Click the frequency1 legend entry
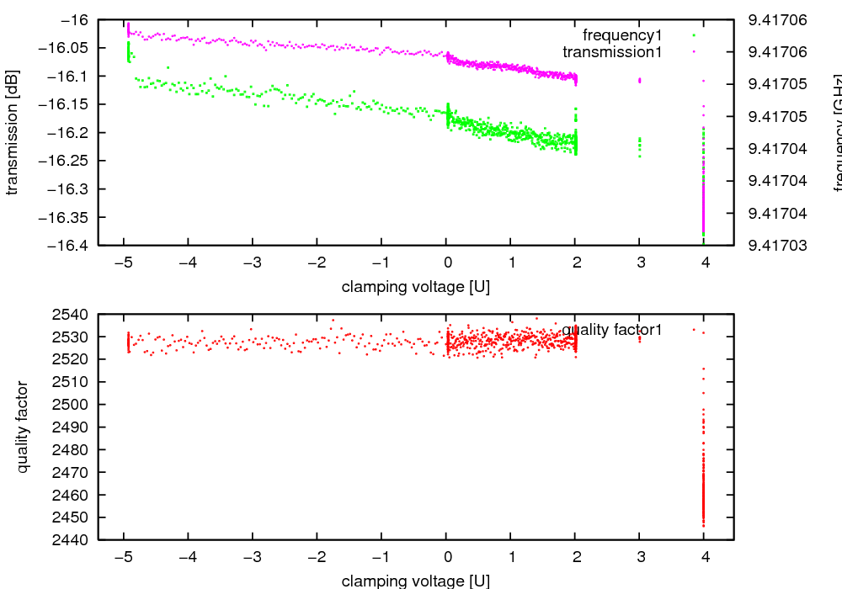pyautogui.click(x=622, y=35)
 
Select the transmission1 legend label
pyautogui.click(x=612, y=52)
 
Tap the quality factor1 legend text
pyautogui.click(x=612, y=330)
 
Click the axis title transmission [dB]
pyautogui.click(x=12, y=132)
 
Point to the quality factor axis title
pyautogui.click(x=23, y=427)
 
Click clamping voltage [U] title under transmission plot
pyautogui.click(x=416, y=287)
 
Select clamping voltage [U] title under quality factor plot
pyautogui.click(x=416, y=581)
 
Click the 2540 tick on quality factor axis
pyautogui.click(x=71, y=315)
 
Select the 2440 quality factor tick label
pyautogui.click(x=71, y=540)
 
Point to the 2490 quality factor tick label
pyautogui.click(x=71, y=427)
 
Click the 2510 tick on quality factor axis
pyautogui.click(x=71, y=382)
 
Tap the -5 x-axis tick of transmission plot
pyautogui.click(x=123, y=262)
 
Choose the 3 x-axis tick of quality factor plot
pyautogui.click(x=640, y=556)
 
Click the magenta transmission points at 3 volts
pyautogui.click(x=640, y=80)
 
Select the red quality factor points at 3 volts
pyautogui.click(x=640, y=339)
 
